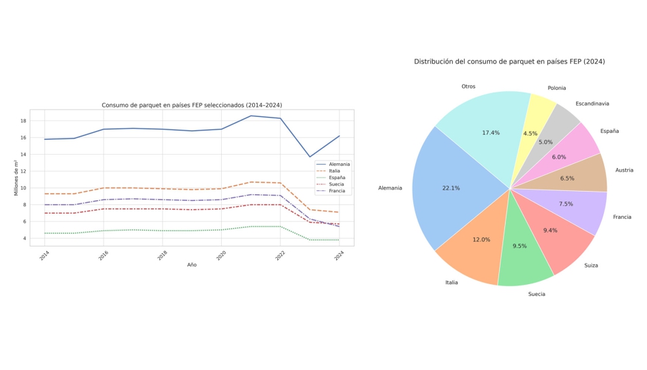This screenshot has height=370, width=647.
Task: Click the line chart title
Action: point(191,105)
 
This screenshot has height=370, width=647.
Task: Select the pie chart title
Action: point(509,61)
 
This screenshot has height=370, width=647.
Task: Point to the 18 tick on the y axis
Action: point(23,121)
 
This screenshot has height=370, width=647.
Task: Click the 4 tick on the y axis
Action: point(23,239)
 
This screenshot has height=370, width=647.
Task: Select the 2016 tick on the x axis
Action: point(102,256)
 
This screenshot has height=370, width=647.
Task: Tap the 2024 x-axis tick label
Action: point(339,256)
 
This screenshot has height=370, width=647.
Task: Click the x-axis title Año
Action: point(191,265)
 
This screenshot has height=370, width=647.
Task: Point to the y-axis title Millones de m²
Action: point(17,178)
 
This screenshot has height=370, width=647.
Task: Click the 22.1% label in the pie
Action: point(451,188)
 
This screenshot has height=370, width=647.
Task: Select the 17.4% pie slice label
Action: point(491,133)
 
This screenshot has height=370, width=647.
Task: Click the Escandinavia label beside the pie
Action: point(592,104)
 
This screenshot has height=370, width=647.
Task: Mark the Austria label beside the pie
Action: point(624,170)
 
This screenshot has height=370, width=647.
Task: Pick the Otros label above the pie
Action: point(468,87)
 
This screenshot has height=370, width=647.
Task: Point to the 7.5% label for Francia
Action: point(566,204)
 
